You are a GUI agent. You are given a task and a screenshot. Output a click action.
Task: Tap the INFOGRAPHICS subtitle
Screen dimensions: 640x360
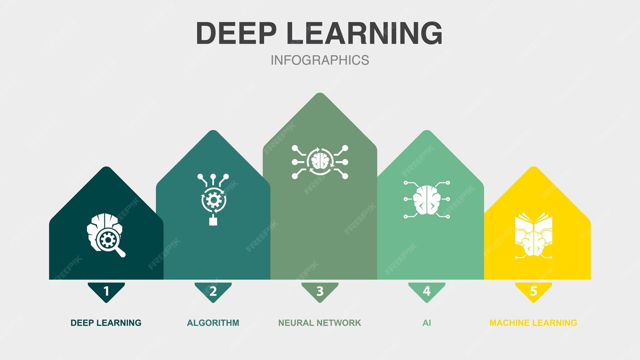(320, 60)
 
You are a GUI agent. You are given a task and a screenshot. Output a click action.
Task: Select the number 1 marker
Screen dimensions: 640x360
(106, 291)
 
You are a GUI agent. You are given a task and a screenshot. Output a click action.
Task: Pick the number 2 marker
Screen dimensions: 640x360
(213, 291)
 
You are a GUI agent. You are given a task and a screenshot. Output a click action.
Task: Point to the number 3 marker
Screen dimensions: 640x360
(320, 291)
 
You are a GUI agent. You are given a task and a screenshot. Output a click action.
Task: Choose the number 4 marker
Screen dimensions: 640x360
(427, 291)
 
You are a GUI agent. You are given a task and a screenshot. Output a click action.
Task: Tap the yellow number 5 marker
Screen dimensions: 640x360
(534, 291)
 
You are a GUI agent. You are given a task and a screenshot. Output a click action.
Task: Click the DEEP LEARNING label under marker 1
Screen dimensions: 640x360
(106, 323)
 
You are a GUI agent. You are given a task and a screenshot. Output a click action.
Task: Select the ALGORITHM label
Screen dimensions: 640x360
(213, 323)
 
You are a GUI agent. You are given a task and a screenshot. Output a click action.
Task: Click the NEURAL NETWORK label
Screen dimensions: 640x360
(320, 323)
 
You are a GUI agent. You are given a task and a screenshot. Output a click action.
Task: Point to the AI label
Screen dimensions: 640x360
(427, 323)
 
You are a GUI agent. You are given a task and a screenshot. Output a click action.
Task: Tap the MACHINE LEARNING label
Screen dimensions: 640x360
(533, 323)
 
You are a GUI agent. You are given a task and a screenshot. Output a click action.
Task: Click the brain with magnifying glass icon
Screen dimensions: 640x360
(105, 234)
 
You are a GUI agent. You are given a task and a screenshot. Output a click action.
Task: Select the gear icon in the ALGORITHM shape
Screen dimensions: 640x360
(213, 200)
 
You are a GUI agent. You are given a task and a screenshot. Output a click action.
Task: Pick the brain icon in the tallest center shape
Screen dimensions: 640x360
(320, 162)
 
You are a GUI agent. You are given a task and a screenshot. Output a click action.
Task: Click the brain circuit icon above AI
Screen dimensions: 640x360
(427, 200)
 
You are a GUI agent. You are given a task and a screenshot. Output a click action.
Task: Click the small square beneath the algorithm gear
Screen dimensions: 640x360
(213, 221)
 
